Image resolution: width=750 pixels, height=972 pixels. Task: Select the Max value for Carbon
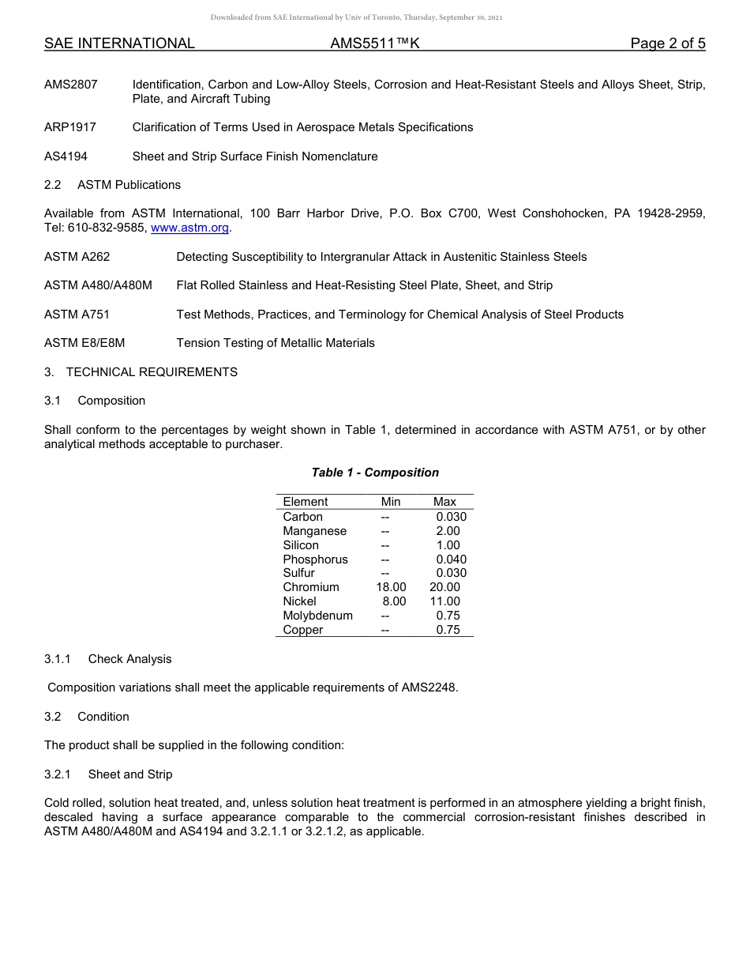tap(451, 517)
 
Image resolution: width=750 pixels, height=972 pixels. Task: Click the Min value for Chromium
tap(391, 587)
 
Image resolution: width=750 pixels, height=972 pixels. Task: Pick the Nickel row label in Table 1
tap(299, 601)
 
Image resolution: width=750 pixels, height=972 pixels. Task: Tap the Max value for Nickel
tap(444, 601)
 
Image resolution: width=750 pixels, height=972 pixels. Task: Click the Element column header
tap(305, 502)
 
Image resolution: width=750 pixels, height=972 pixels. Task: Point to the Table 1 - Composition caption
tap(375, 473)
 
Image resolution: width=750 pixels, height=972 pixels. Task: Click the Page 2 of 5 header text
tap(667, 43)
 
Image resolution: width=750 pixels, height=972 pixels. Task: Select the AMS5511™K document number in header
tap(374, 43)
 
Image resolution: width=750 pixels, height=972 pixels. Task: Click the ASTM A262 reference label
tap(77, 257)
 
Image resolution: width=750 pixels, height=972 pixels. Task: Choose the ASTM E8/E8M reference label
tap(84, 343)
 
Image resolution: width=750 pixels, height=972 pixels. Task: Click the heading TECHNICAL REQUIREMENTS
tap(152, 371)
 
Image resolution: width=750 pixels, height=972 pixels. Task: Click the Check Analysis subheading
tap(129, 659)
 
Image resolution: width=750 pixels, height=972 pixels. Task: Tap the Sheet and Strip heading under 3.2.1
tap(129, 774)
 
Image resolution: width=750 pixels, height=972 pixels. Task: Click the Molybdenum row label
tap(317, 616)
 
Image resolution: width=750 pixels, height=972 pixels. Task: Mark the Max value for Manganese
tap(448, 531)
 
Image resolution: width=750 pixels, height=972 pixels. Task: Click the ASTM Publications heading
tap(129, 185)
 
